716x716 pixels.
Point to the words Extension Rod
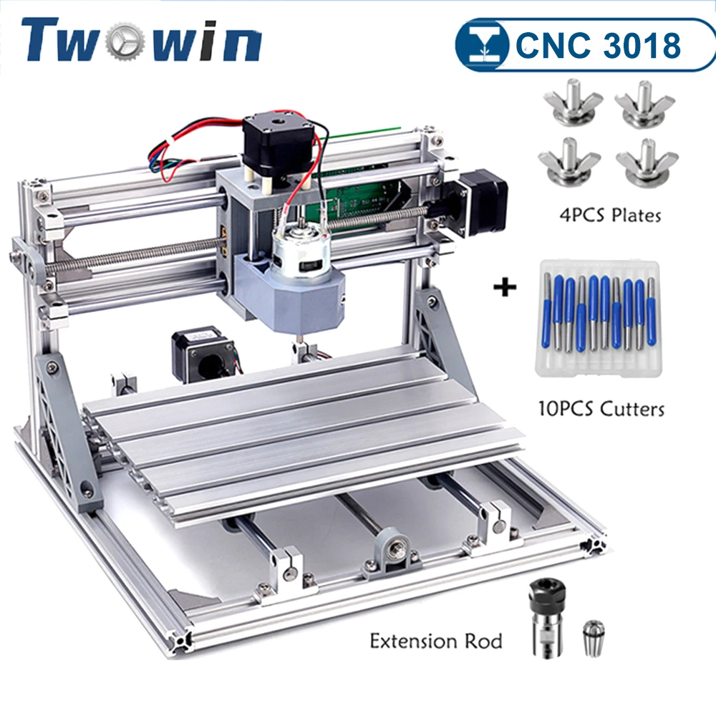point(435,639)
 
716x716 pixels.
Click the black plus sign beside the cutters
point(505,289)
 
